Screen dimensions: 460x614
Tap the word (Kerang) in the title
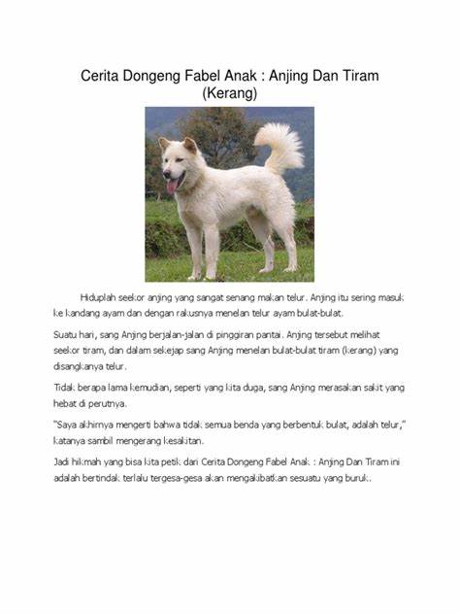pos(230,94)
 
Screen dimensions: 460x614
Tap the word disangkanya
pos(82,368)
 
